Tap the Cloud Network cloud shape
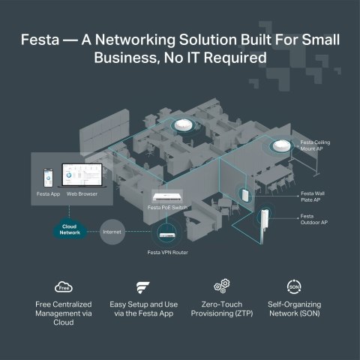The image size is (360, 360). coord(70,229)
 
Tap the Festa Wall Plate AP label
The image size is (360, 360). coord(313,196)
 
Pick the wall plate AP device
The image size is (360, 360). coord(244,194)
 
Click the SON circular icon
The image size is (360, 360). coord(295,286)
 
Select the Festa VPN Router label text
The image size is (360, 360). coord(167,253)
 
